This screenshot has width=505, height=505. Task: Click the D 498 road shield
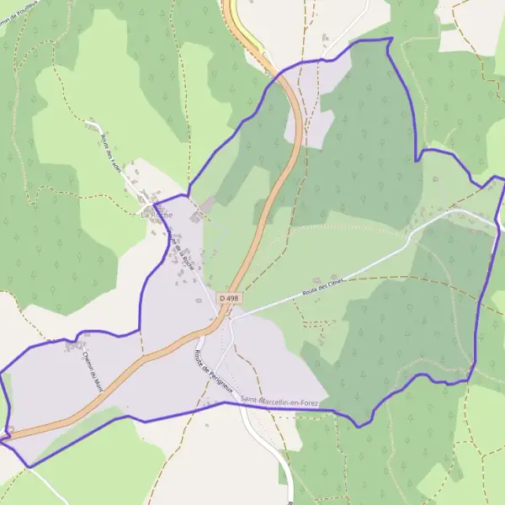pyautogui.click(x=227, y=298)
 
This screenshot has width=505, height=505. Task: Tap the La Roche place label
pyautogui.click(x=157, y=215)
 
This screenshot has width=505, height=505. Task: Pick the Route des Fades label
pyautogui.click(x=110, y=152)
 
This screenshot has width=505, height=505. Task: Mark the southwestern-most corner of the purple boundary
pyautogui.click(x=30, y=466)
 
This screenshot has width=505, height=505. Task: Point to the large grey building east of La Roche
pyautogui.click(x=207, y=205)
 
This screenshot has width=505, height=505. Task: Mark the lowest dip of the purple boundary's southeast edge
pyautogui.click(x=359, y=426)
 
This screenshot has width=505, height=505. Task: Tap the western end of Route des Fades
pyautogui.click(x=88, y=124)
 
